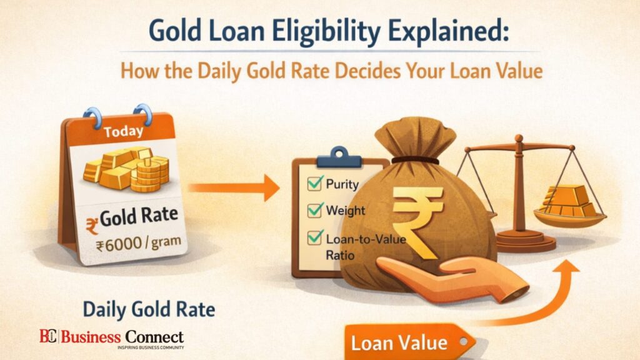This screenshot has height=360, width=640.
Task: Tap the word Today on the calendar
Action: pyautogui.click(x=124, y=132)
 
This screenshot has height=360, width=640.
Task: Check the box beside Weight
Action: pyautogui.click(x=314, y=210)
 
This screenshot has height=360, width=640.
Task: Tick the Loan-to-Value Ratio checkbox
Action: pyautogui.click(x=314, y=238)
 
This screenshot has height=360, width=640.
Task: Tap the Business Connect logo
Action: pyautogui.click(x=112, y=337)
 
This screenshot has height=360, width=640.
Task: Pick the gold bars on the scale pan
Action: pyautogui.click(x=569, y=200)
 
